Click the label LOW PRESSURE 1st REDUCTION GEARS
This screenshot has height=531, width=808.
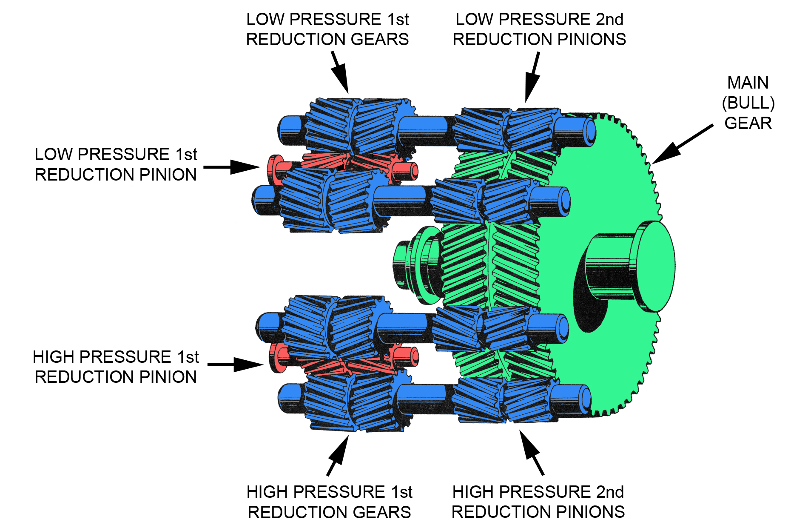pos(327,29)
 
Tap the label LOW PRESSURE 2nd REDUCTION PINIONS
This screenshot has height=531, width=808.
pos(539,29)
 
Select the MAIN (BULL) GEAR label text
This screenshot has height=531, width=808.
pos(748,103)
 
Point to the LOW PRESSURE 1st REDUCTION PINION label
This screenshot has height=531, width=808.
pos(116,164)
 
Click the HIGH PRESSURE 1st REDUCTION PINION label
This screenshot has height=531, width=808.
pos(116,367)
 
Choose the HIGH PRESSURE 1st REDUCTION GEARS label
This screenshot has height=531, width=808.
pos(329,502)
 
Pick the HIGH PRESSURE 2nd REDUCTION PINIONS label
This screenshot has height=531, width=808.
pos(538,502)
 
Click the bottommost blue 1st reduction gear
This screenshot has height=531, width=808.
pos(353,402)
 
